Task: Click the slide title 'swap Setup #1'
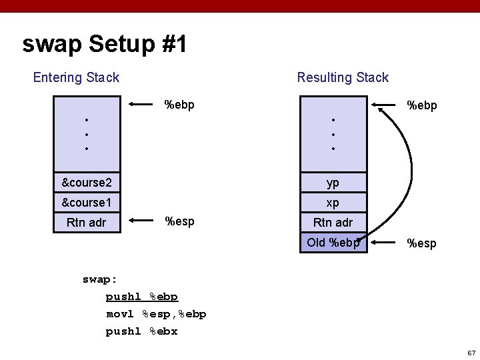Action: coord(105,45)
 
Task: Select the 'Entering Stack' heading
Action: coord(76,77)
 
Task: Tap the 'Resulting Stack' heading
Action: coord(343,77)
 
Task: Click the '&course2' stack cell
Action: coord(87,182)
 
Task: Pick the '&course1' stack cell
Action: coord(87,202)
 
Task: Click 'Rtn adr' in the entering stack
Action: coord(87,223)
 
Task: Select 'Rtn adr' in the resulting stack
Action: coord(333,223)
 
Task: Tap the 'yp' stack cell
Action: coord(333,182)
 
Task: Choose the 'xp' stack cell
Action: coord(333,202)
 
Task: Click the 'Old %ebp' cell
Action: coord(333,242)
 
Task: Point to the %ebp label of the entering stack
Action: coord(179,105)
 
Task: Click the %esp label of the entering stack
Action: coord(179,221)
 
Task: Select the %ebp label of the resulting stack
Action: coord(422,105)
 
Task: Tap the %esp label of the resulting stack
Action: coord(421,243)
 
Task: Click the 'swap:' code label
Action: coord(100,279)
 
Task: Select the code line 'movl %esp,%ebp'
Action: coord(156,313)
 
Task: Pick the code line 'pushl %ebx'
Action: coord(141,331)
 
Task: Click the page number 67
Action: coord(471,352)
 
